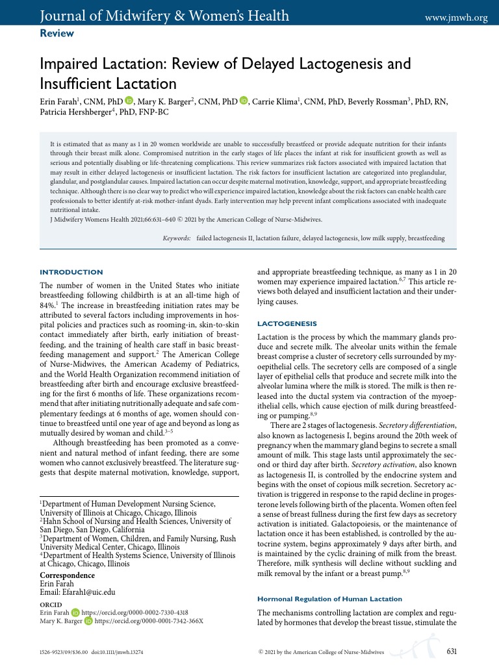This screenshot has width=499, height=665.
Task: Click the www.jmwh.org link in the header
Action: tap(455, 18)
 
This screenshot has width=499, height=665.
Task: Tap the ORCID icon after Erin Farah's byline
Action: tap(129, 101)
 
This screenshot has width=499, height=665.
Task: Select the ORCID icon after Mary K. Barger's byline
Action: tap(244, 101)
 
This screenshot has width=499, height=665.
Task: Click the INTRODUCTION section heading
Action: tap(71, 271)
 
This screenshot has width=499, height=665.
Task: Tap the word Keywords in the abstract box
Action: tap(176, 239)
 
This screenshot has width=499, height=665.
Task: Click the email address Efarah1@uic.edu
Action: tap(77, 592)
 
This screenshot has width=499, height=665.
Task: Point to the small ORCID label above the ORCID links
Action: tap(51, 604)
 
